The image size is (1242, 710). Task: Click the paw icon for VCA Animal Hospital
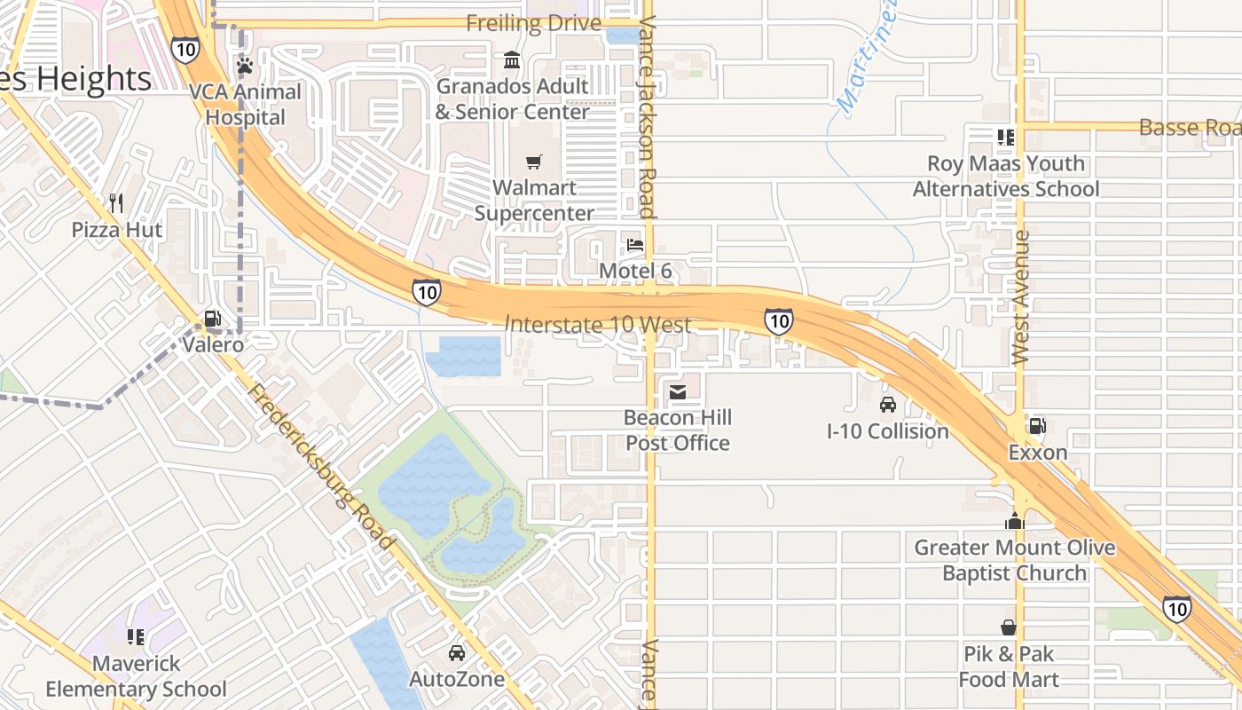tap(245, 66)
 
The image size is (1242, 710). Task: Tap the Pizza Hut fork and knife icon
tap(116, 203)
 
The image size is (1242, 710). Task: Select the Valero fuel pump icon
tap(212, 318)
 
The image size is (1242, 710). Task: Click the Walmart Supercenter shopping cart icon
tap(533, 162)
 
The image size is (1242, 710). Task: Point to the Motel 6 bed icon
tap(634, 244)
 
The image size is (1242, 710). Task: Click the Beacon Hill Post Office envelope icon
tap(678, 391)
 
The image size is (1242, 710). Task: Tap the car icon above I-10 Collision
tap(887, 405)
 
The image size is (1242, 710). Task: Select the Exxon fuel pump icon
tap(1037, 426)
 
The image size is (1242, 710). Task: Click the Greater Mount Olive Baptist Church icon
tap(1015, 521)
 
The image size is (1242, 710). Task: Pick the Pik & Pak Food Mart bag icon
tap(1009, 627)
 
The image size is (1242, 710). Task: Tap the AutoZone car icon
tap(457, 653)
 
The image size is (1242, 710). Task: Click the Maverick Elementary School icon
tap(136, 636)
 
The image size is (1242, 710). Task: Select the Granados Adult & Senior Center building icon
tap(512, 60)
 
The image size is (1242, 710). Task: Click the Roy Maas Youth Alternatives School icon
tap(1005, 137)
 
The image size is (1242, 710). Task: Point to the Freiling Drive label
tap(533, 23)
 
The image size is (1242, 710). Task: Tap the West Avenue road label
tap(1020, 297)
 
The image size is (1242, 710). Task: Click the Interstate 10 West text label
tap(598, 325)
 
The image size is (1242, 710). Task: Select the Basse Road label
tap(1189, 127)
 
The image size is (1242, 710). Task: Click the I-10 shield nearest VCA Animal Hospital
tap(185, 50)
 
